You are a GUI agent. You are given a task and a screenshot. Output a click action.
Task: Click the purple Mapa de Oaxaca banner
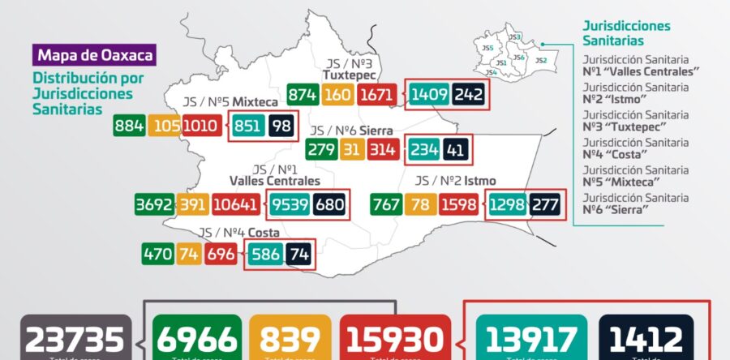pyautogui.click(x=94, y=57)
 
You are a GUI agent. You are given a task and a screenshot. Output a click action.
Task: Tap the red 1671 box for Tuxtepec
pyautogui.click(x=379, y=95)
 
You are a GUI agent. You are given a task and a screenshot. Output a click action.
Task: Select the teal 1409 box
pyautogui.click(x=427, y=95)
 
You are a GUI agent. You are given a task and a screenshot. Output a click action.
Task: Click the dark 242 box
pyautogui.click(x=469, y=95)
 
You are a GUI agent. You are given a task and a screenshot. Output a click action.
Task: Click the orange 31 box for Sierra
pyautogui.click(x=350, y=150)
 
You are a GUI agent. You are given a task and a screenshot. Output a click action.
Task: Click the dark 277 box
pyautogui.click(x=544, y=204)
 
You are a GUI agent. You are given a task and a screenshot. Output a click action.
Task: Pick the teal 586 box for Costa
pyautogui.click(x=264, y=255)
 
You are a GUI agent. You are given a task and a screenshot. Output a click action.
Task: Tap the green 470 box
pyautogui.click(x=157, y=255)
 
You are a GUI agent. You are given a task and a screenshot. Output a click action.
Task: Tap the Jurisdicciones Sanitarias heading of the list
pyautogui.click(x=626, y=32)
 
